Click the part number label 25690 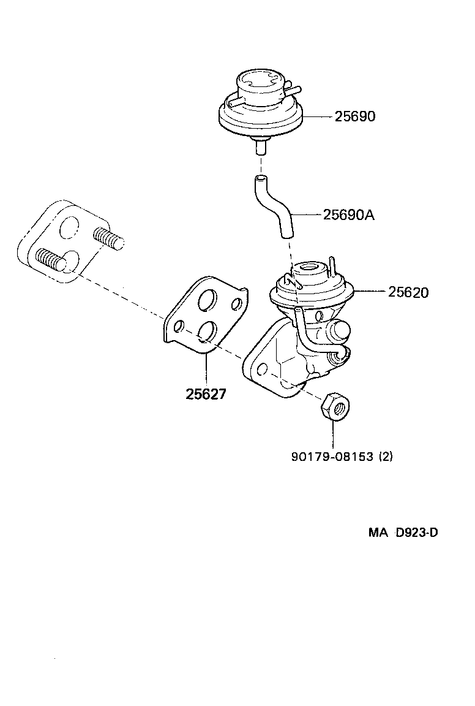(x=354, y=116)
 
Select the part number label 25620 (x=408, y=292)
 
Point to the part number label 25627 (x=206, y=394)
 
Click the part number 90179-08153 (x=332, y=457)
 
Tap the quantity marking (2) (x=386, y=457)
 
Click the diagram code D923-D (x=416, y=533)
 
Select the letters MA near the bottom (x=378, y=533)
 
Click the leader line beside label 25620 (x=370, y=292)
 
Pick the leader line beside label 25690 (x=318, y=116)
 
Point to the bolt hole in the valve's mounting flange (x=261, y=370)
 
